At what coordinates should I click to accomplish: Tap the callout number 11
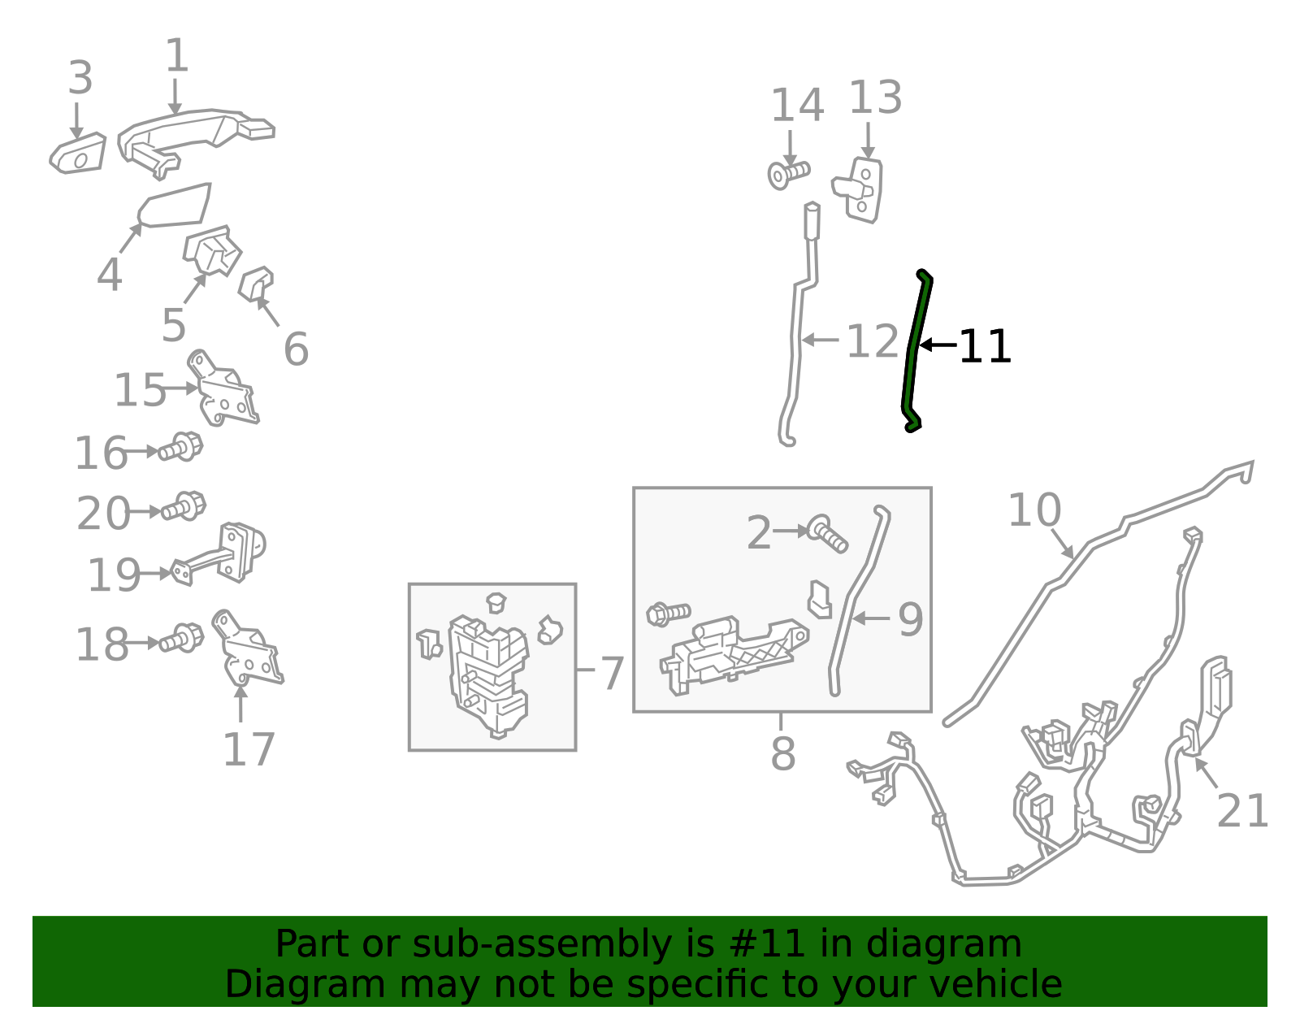tap(985, 346)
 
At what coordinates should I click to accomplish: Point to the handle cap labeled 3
tap(78, 154)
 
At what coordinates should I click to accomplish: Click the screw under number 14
tap(788, 174)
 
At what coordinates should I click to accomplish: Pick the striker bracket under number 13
tap(858, 190)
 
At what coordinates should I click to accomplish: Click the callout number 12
tap(873, 341)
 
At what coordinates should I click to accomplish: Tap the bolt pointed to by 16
tap(180, 447)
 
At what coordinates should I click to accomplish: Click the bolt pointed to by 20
tap(184, 506)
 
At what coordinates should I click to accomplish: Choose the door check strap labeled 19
tap(219, 552)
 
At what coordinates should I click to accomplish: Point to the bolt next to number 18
tap(182, 638)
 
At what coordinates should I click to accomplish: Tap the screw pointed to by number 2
tap(827, 534)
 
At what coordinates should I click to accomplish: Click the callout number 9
tap(910, 620)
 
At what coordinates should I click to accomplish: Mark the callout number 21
tap(1242, 811)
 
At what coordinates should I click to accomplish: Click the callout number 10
tap(1034, 510)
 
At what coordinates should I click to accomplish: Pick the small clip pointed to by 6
tap(256, 284)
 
